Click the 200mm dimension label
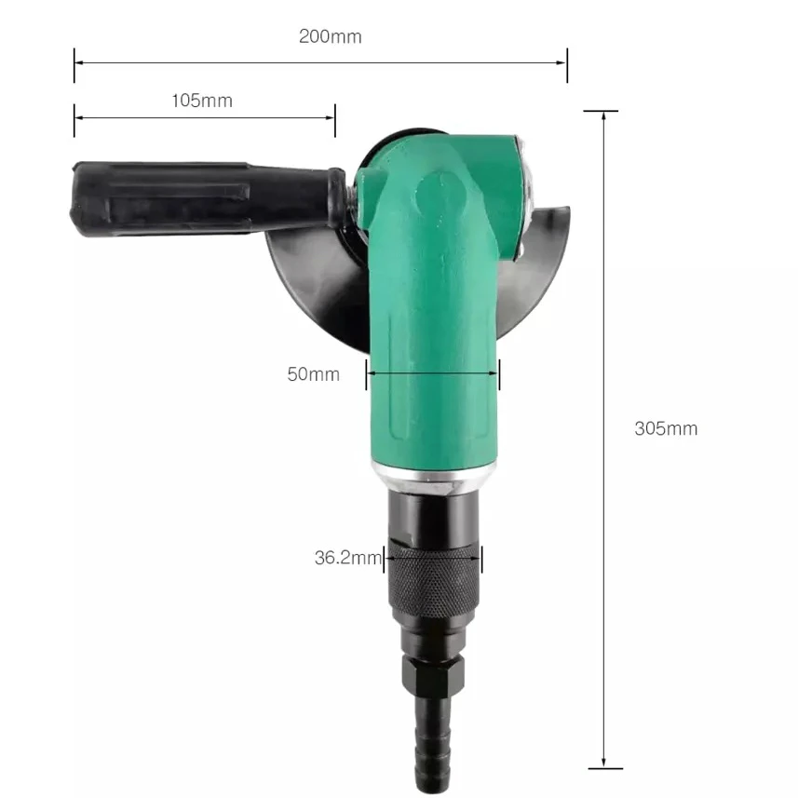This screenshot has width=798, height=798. pos(330,37)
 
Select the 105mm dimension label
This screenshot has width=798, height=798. pos(201,101)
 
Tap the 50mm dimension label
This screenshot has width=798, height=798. pos(313,374)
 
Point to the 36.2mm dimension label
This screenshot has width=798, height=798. pos(348,558)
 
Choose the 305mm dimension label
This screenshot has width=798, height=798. pos(665,428)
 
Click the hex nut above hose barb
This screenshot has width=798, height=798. pos(433,672)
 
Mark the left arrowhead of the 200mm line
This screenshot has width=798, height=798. pos(78,63)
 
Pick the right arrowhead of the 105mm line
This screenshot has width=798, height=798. pos(331,118)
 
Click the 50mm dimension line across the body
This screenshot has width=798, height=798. pos(433,374)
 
